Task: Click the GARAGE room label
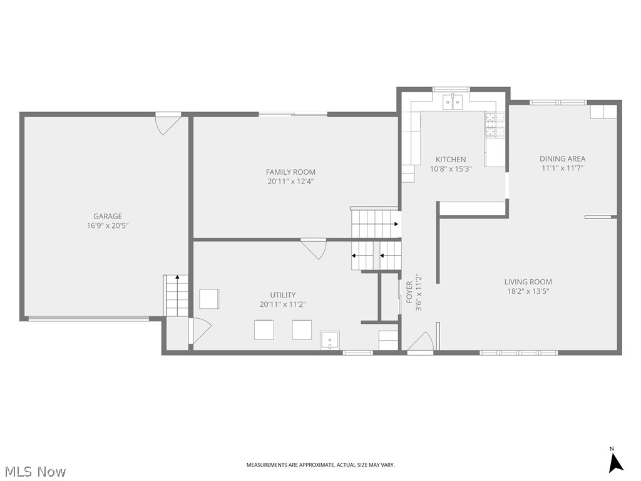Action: pyautogui.click(x=108, y=216)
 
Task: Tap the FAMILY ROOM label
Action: pyautogui.click(x=290, y=172)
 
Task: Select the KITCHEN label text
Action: pyautogui.click(x=451, y=160)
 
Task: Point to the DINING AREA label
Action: pyautogui.click(x=563, y=158)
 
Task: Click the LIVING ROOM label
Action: pyautogui.click(x=528, y=282)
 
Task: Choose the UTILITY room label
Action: pyautogui.click(x=283, y=295)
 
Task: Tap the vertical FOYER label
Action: pyautogui.click(x=409, y=292)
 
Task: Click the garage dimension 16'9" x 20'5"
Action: pyautogui.click(x=108, y=225)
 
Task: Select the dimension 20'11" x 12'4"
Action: pyautogui.click(x=290, y=182)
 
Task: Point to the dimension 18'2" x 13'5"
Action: pyautogui.click(x=528, y=291)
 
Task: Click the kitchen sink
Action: pyautogui.click(x=453, y=102)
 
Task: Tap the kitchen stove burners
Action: pyautogui.click(x=495, y=125)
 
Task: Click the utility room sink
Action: pyautogui.click(x=329, y=340)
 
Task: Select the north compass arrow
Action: pyautogui.click(x=615, y=463)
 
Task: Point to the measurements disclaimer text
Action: pyautogui.click(x=320, y=465)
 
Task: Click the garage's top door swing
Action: pyautogui.click(x=168, y=125)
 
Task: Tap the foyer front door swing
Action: pyautogui.click(x=420, y=341)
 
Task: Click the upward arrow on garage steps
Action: pyautogui.click(x=177, y=278)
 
